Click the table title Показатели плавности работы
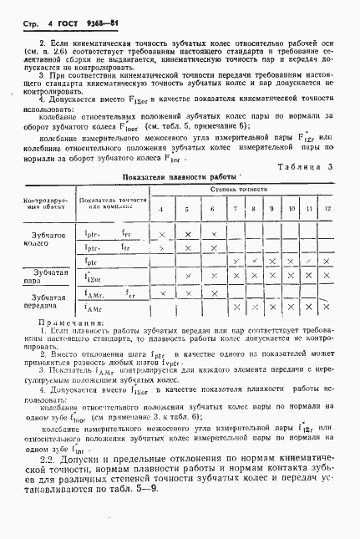point(180,177)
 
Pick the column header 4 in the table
point(162,208)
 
